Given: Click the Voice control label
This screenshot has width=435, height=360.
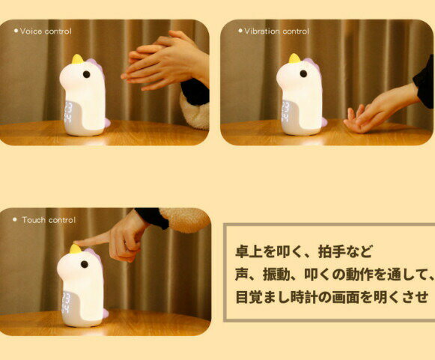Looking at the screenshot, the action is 46,31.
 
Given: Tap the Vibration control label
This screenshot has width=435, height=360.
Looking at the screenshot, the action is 276,31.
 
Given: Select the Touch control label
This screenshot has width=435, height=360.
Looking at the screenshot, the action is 49,220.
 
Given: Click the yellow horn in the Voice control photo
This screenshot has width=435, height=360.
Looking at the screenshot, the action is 77,59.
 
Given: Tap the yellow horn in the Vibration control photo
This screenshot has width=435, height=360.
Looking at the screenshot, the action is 295,58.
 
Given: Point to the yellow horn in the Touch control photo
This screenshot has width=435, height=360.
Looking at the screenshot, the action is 76,248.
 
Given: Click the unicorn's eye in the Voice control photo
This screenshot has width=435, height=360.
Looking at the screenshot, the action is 87,74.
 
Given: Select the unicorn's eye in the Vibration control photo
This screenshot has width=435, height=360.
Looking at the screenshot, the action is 303,73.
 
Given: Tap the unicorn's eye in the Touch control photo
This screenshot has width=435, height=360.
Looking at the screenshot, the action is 85,264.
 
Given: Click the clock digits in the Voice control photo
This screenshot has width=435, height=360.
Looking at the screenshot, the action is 68,112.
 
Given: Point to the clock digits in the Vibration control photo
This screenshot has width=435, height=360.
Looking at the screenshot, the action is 286,112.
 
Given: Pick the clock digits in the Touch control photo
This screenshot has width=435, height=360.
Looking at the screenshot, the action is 67,302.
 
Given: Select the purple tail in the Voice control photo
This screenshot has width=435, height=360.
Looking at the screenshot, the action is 107,122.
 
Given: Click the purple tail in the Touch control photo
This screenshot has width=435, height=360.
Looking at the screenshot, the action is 105,313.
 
